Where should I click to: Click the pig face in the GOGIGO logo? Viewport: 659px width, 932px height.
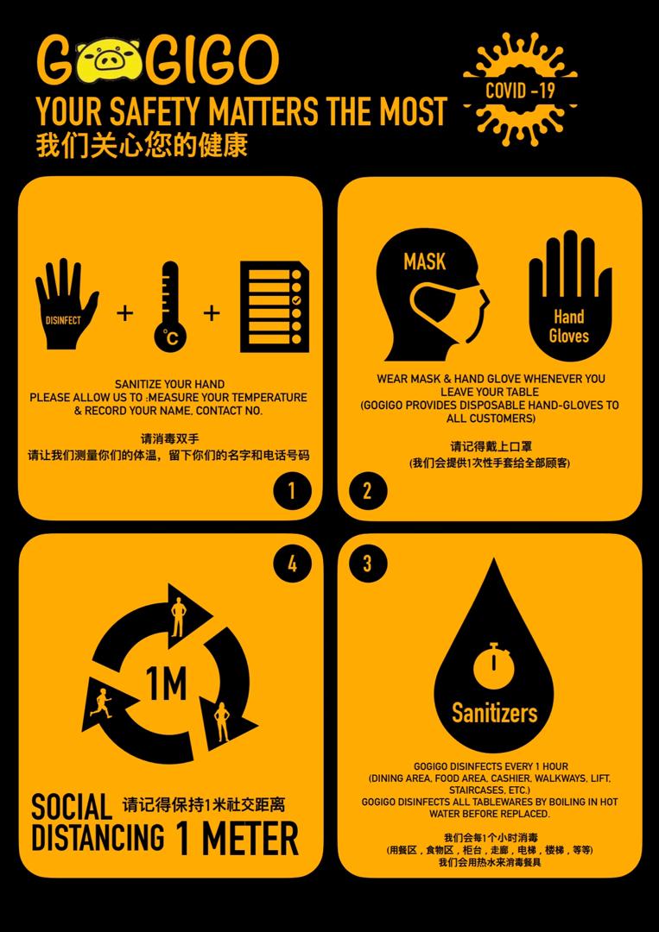[109, 60]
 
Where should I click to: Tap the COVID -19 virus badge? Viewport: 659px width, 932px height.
[520, 90]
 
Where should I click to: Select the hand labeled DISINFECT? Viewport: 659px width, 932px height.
[66, 305]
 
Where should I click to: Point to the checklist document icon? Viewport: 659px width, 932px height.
[275, 306]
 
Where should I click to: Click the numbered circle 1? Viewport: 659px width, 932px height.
[292, 491]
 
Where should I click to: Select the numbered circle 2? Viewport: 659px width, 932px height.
[368, 491]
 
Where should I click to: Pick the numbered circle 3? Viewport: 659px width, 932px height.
[368, 563]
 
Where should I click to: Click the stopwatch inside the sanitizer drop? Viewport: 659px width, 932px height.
[493, 664]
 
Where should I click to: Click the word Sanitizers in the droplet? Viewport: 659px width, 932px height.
[494, 712]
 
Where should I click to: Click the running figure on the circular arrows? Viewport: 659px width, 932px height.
[102, 704]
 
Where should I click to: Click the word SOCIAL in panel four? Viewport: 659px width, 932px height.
[72, 807]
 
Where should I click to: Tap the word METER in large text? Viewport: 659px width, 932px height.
[250, 838]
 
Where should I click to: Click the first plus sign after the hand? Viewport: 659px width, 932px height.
[124, 312]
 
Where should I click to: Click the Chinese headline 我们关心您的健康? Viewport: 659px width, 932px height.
[142, 146]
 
